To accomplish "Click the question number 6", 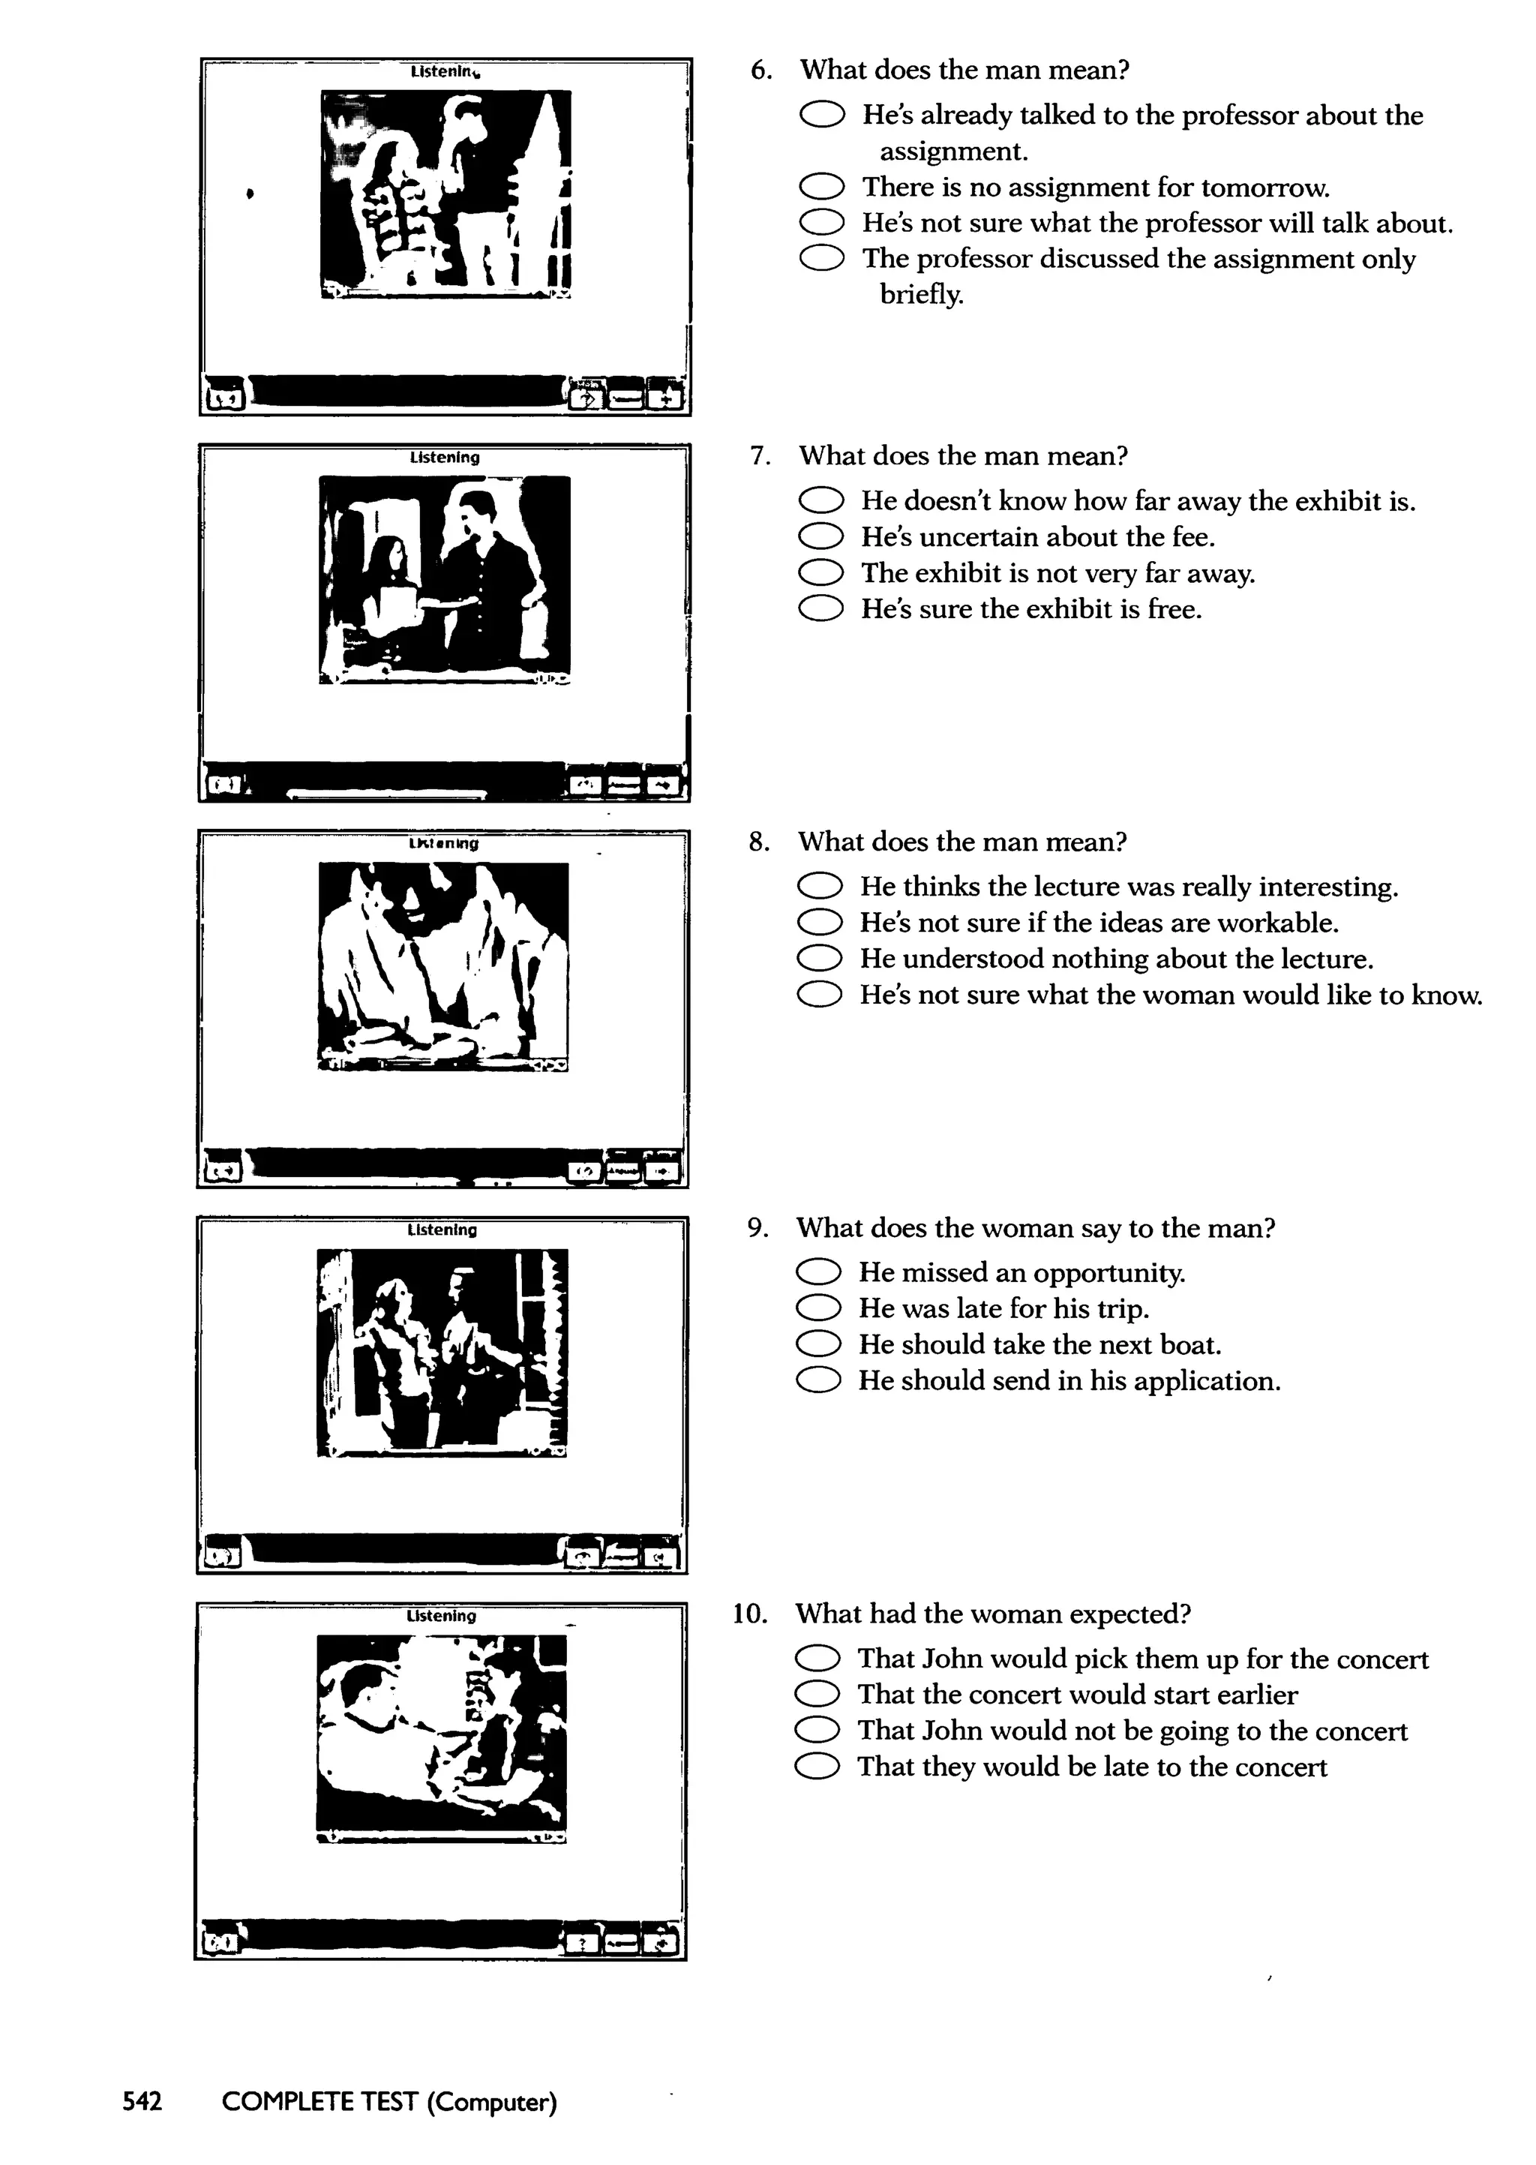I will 760,70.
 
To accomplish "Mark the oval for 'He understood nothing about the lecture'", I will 819,959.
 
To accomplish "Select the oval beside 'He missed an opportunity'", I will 818,1272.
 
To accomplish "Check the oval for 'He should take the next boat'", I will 818,1344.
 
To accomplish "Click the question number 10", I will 749,1614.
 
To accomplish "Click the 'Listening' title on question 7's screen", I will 445,458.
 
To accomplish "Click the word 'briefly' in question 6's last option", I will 920,294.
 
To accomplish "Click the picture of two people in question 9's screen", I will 442,1353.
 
